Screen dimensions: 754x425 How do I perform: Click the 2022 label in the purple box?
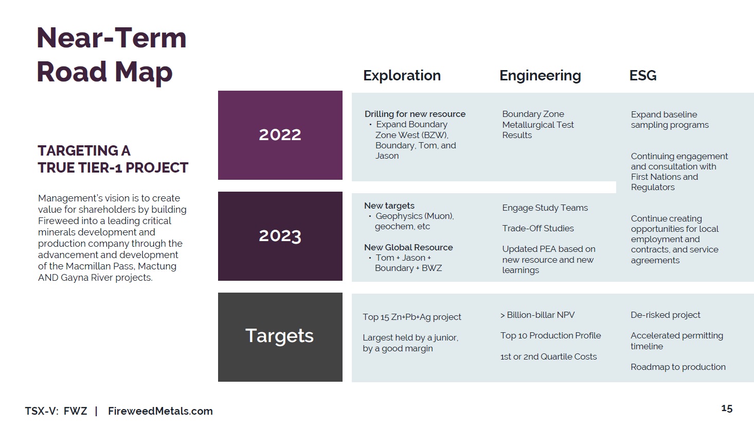click(280, 135)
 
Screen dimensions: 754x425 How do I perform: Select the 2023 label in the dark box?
click(280, 236)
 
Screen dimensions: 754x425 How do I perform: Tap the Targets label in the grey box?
click(279, 336)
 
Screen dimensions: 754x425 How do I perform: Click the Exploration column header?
click(402, 76)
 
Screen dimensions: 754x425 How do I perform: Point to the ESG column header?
click(643, 76)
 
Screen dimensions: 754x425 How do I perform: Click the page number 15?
click(727, 409)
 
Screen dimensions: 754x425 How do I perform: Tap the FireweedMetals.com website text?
click(160, 411)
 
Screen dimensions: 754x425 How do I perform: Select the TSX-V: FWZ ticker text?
click(56, 411)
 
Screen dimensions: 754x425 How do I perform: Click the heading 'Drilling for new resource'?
click(415, 114)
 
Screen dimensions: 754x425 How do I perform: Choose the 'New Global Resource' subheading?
click(408, 247)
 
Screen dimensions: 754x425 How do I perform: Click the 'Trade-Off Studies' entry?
click(538, 229)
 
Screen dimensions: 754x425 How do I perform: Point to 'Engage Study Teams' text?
click(545, 208)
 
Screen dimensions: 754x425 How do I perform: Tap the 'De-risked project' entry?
click(665, 315)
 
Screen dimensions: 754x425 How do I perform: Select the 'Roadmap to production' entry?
click(678, 367)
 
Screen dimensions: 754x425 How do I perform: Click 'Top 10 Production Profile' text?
click(550, 336)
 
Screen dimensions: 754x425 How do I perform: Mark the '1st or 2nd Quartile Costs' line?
click(548, 356)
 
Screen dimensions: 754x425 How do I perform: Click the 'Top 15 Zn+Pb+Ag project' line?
click(411, 317)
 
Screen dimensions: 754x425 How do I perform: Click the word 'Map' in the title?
click(143, 73)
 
